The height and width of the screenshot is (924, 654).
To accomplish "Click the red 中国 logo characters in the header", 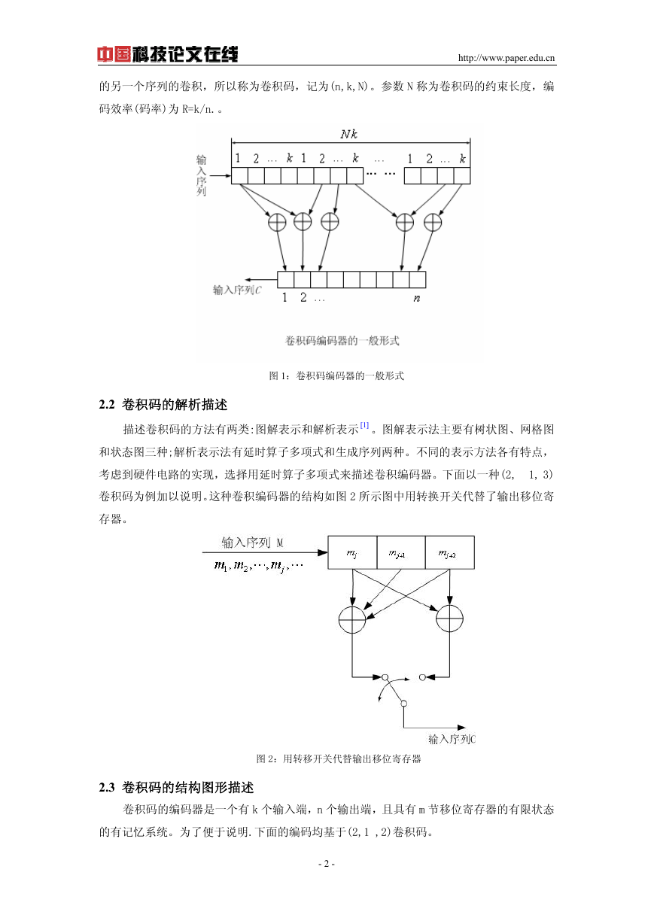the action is tap(114, 54).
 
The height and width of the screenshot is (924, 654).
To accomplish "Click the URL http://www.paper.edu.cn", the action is tap(506, 58).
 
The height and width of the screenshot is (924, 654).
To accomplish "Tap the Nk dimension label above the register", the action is tap(348, 134).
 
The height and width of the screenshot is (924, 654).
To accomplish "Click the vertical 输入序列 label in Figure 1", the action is tap(201, 175).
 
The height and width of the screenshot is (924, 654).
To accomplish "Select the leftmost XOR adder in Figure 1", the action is tap(277, 222).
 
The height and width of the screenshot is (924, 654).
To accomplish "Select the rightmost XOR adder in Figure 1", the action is tap(433, 222).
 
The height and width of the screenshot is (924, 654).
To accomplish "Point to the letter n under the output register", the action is tap(417, 298).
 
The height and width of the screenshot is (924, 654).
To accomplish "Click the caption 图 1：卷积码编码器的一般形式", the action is tap(336, 375).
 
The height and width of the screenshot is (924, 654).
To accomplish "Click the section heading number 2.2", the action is tap(106, 405).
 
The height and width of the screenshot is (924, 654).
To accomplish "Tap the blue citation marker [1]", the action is tap(364, 425).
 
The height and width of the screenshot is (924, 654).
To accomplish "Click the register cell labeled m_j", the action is tap(352, 553).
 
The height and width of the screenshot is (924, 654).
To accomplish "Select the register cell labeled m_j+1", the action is tap(401, 553).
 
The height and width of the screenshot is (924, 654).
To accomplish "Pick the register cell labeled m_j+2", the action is tap(450, 553).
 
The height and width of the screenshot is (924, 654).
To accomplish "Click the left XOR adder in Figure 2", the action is tap(352, 619).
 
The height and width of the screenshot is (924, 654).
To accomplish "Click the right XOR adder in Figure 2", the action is tap(449, 619).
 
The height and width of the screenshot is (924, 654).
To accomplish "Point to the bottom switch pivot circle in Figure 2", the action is tap(403, 704).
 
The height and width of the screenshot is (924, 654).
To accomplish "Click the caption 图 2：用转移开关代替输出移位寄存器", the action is tap(339, 759).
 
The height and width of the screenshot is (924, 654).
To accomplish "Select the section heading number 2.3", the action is tap(106, 788).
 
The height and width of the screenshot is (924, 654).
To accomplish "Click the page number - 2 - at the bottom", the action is tap(327, 864).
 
